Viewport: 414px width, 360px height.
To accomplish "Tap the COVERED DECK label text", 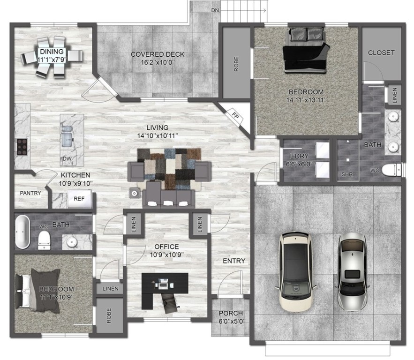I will pos(157,54).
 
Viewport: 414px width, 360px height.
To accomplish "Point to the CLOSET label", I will pos(381,52).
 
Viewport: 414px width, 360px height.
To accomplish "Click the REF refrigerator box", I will pos(79,199).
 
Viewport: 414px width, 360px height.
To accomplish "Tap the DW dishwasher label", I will pos(68,159).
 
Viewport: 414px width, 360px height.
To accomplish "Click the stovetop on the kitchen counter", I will pos(22,146).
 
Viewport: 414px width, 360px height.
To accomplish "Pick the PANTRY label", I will pos(30,193).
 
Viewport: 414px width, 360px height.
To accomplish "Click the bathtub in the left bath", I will pos(22,232).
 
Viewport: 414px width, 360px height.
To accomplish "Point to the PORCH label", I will pos(231,313).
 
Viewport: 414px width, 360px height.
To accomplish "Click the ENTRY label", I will pos(233,261).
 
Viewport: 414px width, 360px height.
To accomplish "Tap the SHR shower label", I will pos(347,174).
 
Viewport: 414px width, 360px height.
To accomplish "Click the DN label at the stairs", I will pos(215,9).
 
